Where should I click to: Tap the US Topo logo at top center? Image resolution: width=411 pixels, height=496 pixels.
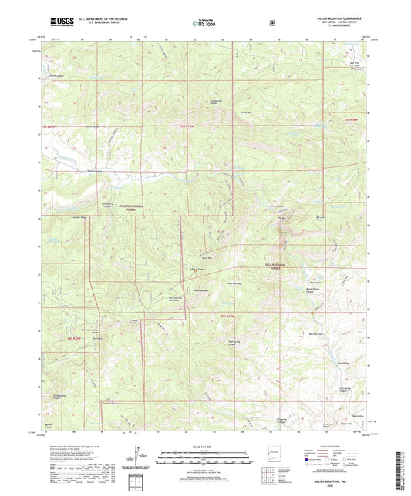click(205, 24)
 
